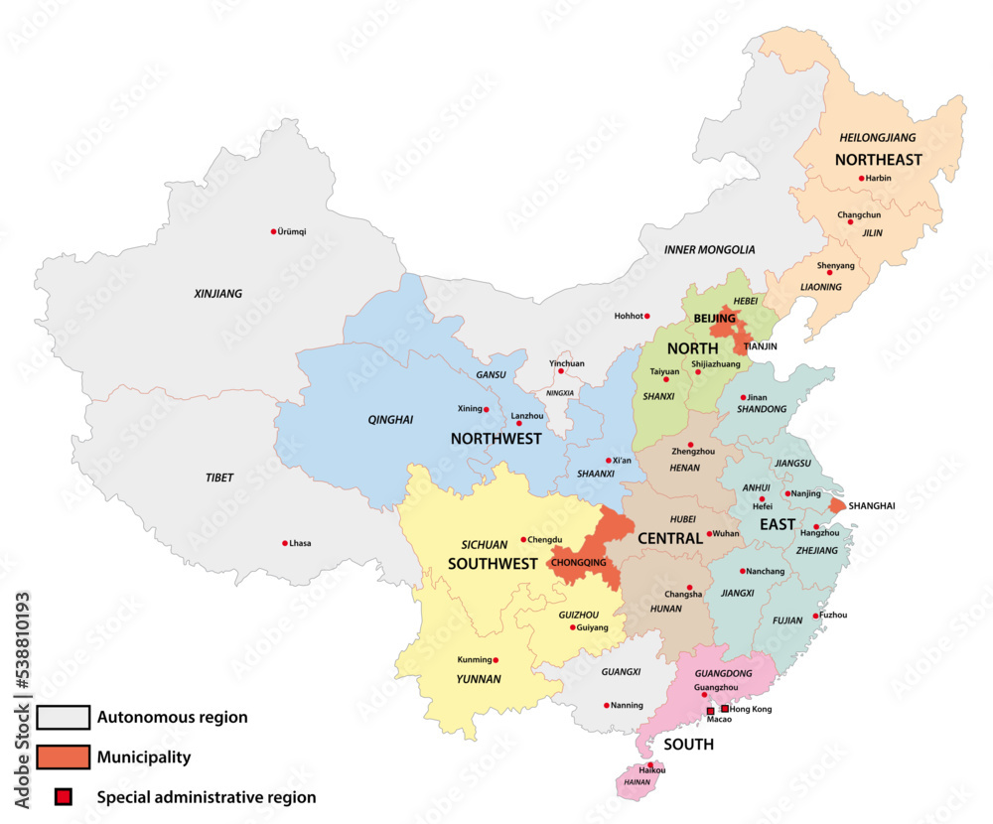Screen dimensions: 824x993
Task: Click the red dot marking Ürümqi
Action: [274, 231]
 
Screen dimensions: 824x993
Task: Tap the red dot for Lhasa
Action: [285, 543]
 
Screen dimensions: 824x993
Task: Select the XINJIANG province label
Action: [217, 294]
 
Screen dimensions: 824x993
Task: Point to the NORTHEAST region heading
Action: [878, 160]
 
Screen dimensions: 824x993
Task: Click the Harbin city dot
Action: [862, 179]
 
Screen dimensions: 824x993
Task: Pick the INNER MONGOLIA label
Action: [709, 250]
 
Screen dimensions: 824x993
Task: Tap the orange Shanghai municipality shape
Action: [837, 506]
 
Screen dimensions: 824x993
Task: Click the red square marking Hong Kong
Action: [724, 709]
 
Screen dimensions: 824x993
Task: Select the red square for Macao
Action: [710, 711]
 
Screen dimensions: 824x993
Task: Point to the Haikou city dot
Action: [650, 765]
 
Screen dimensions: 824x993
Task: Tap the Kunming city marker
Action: [496, 660]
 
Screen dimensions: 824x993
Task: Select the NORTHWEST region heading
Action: [496, 439]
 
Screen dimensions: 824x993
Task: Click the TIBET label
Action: [219, 478]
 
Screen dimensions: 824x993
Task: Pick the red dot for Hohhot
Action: [646, 317]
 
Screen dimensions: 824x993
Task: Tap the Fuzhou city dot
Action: [817, 616]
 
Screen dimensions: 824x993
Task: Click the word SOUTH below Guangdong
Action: [689, 745]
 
